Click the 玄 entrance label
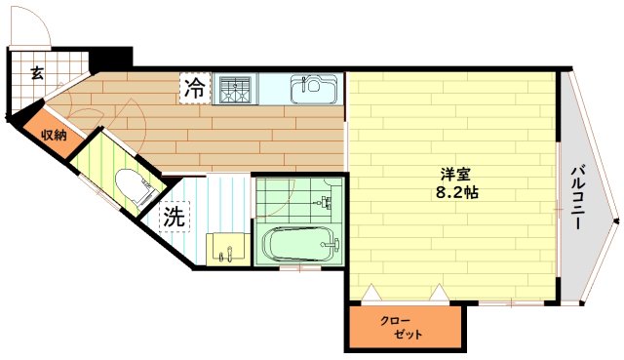[36, 72]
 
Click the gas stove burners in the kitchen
[235, 90]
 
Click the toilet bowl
[128, 185]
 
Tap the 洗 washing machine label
[175, 216]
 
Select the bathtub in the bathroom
[299, 243]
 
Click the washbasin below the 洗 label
[226, 248]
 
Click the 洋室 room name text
[456, 174]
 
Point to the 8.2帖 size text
[456, 193]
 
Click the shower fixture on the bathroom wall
[327, 205]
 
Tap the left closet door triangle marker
[370, 291]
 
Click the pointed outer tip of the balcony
[617, 221]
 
